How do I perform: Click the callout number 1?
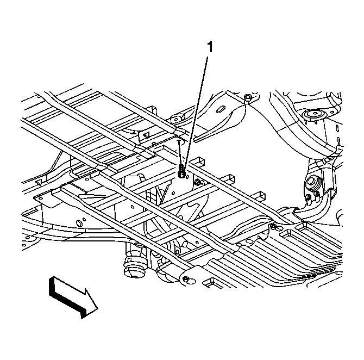click(210, 47)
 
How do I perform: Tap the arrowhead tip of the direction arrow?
click(97, 309)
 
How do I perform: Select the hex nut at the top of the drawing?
click(247, 97)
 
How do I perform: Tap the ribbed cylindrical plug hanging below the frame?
click(134, 267)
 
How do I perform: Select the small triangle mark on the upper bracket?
click(147, 135)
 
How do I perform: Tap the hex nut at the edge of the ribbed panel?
click(273, 226)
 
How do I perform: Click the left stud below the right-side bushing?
click(308, 198)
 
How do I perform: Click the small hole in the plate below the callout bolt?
click(173, 193)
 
